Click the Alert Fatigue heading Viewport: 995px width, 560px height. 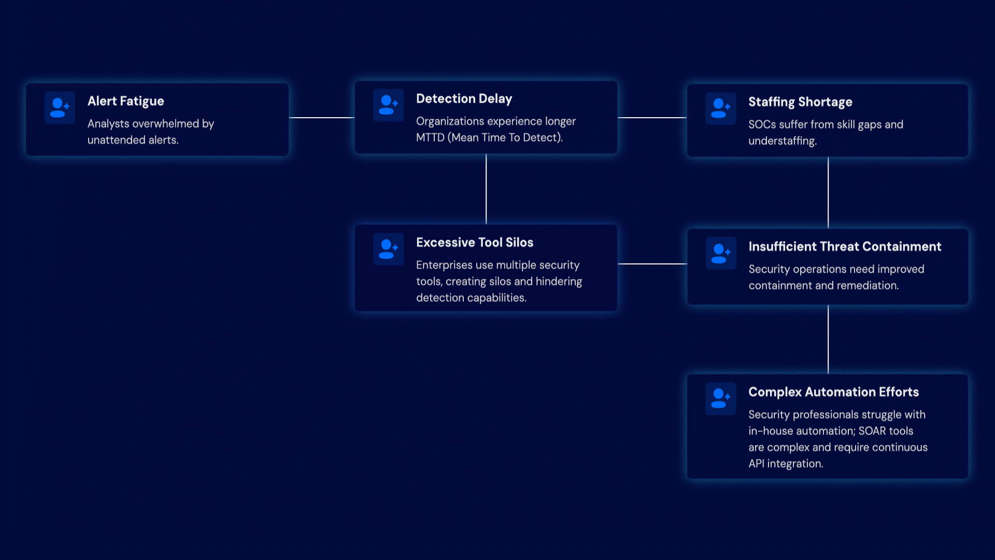(125, 102)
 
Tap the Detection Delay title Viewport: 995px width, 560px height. (464, 99)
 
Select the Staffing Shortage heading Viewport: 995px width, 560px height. (800, 102)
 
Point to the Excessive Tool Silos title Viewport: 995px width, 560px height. (475, 243)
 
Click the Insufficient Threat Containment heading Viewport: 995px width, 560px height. (845, 247)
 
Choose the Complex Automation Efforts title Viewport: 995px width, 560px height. (833, 392)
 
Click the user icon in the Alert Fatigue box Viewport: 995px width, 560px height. (60, 108)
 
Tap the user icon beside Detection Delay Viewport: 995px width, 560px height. (388, 105)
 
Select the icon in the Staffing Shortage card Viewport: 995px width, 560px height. (720, 108)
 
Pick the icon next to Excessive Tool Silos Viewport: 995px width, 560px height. (388, 249)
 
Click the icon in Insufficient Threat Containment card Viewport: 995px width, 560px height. (720, 253)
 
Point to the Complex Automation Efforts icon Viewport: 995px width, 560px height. (720, 398)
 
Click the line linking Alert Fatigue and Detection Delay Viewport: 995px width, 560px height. (322, 118)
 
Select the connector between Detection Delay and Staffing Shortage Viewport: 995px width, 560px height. (652, 118)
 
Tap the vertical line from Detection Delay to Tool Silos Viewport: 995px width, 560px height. (486, 189)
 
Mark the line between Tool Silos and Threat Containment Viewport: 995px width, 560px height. (652, 264)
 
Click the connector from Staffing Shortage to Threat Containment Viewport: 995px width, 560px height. (828, 192)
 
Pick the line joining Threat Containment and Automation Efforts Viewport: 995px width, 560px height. (828, 339)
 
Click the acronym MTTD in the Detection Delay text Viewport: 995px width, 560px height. (430, 137)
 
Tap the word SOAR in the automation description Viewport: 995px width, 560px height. (871, 431)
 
